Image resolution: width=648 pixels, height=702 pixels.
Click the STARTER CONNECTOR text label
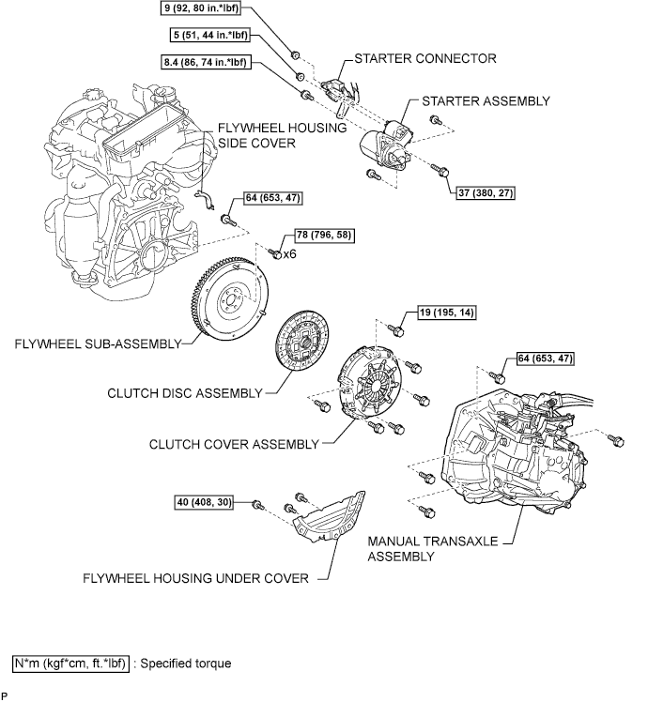[x=424, y=58]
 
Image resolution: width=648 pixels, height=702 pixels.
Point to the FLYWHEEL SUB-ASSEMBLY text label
[x=96, y=344]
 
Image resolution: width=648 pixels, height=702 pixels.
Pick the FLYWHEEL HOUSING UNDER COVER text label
[x=195, y=579]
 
